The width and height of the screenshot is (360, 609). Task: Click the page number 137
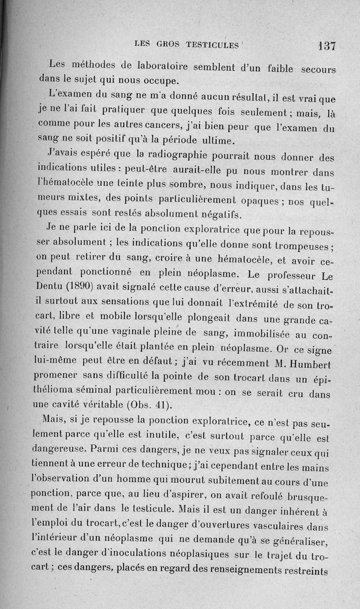(326, 45)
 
